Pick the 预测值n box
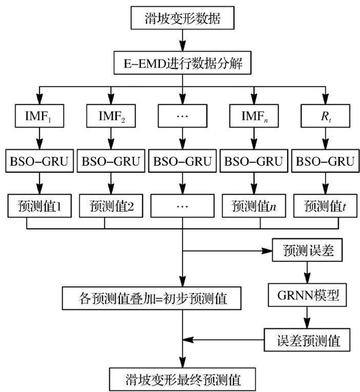[x=254, y=207]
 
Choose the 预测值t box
[x=324, y=207]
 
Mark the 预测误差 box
[x=307, y=251]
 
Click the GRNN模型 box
[x=307, y=296]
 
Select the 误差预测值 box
[x=307, y=339]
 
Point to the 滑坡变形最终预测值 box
[x=183, y=380]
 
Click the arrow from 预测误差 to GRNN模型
[x=307, y=273]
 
